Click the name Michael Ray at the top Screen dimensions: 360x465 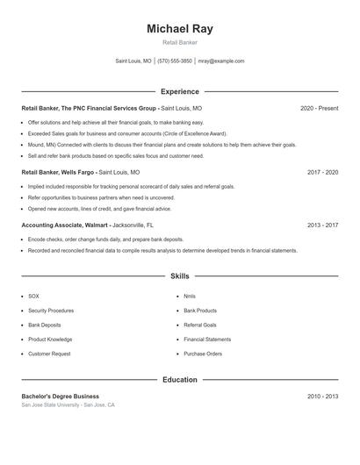(x=180, y=29)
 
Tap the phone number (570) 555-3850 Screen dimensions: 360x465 (x=175, y=61)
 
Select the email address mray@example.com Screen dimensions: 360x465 (x=221, y=61)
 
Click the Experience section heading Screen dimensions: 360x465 (x=180, y=91)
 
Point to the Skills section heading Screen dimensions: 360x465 (x=180, y=275)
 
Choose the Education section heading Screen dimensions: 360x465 (x=180, y=380)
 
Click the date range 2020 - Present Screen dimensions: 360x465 (x=319, y=108)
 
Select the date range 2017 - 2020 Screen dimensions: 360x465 (x=322, y=173)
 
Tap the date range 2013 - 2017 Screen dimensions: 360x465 (x=322, y=225)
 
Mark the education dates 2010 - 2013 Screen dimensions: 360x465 (x=322, y=397)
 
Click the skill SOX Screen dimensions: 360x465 (x=33, y=296)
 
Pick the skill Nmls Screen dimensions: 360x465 (x=189, y=296)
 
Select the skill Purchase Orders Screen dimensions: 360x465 (x=203, y=354)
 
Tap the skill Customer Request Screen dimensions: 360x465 (x=49, y=354)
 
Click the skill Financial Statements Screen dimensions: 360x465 (x=207, y=339)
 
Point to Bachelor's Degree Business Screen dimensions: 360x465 (x=61, y=397)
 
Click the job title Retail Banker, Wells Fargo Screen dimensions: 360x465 (x=58, y=173)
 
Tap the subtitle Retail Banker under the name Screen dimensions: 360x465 (x=180, y=43)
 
